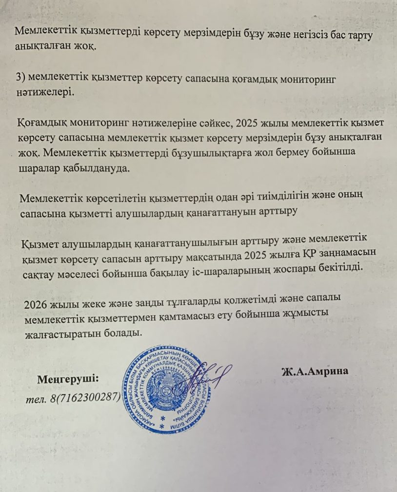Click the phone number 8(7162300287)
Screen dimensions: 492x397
tap(85, 397)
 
